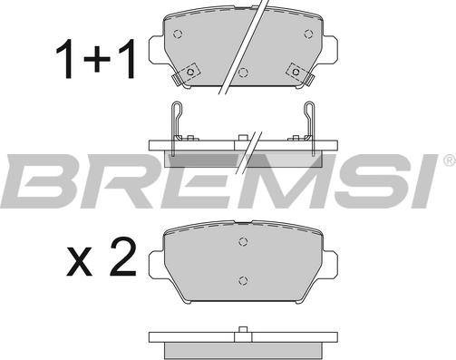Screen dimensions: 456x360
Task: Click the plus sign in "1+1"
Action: pos(97,59)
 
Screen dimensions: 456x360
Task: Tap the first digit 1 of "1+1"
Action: pos(66,59)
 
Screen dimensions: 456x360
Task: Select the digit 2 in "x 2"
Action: pos(122,257)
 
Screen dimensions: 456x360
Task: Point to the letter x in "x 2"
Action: pos(79,262)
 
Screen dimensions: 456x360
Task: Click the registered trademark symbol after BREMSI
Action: pos(451,160)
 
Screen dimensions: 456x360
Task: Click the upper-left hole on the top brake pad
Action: pos(178,34)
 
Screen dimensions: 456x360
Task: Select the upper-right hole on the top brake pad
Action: pos(308,34)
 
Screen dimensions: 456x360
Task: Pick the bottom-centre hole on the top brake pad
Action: pos(243,72)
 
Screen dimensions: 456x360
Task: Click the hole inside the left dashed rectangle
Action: pos(190,72)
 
